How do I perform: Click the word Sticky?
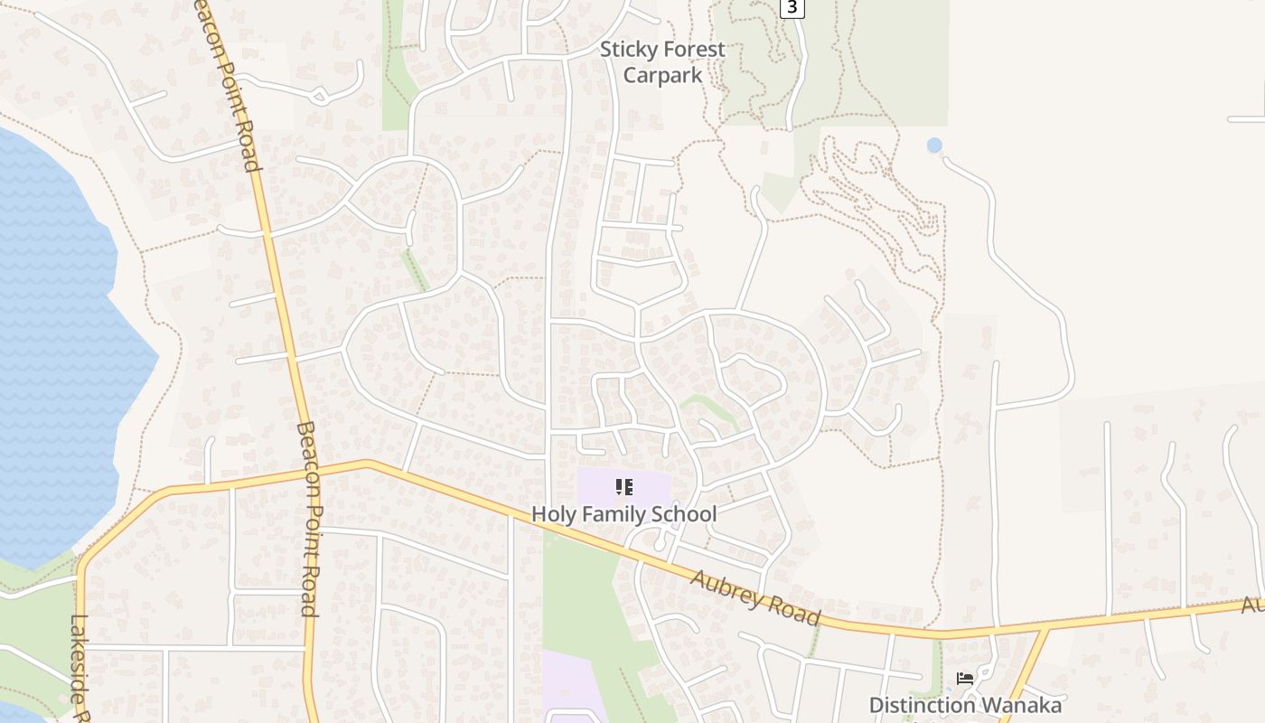click(x=630, y=50)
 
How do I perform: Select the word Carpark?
click(x=662, y=75)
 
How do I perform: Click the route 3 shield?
click(x=792, y=7)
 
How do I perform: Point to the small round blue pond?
click(x=934, y=145)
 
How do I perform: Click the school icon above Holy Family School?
click(x=623, y=488)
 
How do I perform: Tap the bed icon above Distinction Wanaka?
click(x=965, y=679)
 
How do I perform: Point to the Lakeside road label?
click(x=80, y=669)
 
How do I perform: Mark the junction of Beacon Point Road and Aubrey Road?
click(x=302, y=471)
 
